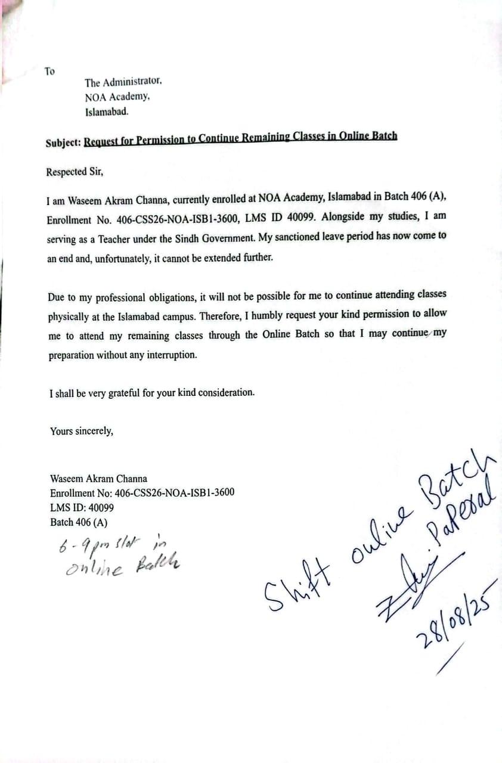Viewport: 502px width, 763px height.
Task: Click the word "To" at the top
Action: coord(49,72)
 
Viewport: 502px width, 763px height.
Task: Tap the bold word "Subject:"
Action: coord(63,143)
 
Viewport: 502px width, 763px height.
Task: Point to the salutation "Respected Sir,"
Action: coord(75,172)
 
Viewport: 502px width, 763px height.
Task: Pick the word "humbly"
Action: coord(287,314)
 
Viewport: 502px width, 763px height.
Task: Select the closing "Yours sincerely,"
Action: coord(81,431)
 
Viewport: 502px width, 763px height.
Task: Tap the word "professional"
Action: coord(116,296)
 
